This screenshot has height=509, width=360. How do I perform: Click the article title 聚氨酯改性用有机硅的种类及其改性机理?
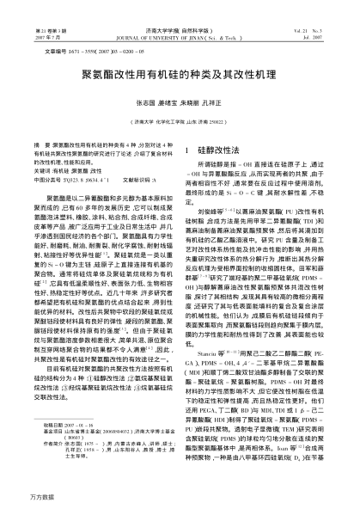click(180, 73)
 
